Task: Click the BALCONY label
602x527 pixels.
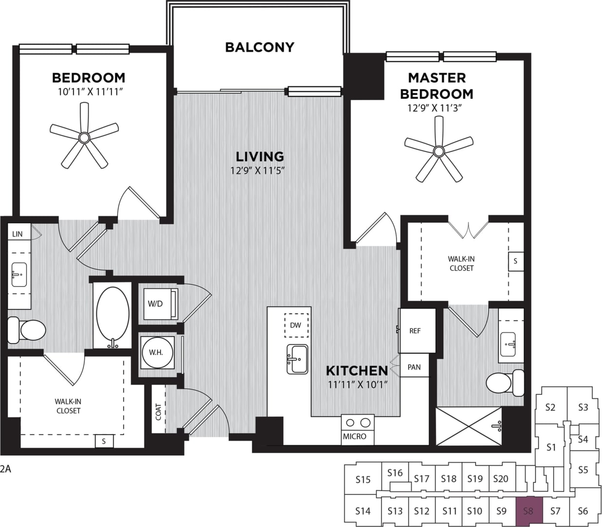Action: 259,47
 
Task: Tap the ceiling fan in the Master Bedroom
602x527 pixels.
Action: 439,152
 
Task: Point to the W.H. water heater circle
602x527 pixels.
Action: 156,352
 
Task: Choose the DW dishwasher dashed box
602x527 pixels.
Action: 296,325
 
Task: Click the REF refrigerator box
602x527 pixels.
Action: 416,331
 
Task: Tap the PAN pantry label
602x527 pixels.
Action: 414,367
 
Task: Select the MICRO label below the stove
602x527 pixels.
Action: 354,436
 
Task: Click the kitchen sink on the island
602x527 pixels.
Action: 297,359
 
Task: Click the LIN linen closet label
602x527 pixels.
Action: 18,234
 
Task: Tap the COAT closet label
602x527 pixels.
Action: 158,412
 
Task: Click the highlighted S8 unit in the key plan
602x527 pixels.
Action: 529,511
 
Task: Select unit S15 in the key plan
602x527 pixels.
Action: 363,479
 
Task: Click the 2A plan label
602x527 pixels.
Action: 5,469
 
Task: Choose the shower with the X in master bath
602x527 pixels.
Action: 468,426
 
